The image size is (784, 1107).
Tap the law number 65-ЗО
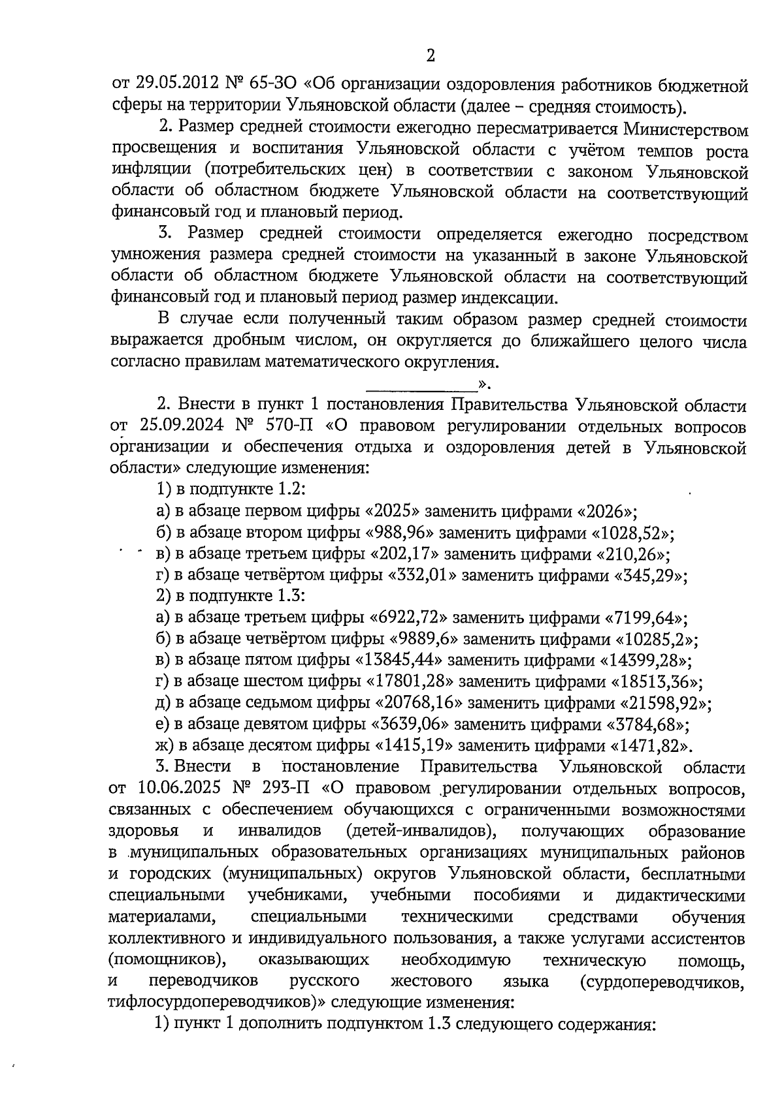pyautogui.click(x=274, y=85)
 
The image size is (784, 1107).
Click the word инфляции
pyautogui.click(x=152, y=172)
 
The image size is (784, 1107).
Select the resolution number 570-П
pyautogui.click(x=289, y=426)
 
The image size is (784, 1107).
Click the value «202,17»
pyautogui.click(x=405, y=554)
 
